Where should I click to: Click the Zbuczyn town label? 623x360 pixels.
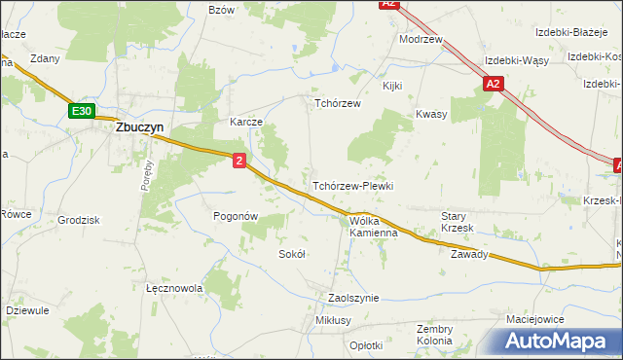[140, 126]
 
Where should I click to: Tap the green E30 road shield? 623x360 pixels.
[82, 112]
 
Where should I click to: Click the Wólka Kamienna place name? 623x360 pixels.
[374, 227]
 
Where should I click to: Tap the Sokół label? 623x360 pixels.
[292, 254]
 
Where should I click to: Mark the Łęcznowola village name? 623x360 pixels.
[173, 289]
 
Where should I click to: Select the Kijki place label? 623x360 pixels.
[392, 86]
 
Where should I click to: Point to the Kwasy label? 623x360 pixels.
[431, 114]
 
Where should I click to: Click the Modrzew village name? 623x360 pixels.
[421, 40]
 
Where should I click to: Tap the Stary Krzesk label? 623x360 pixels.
[457, 222]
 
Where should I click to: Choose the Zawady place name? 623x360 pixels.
[468, 255]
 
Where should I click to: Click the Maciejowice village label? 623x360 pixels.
[536, 318]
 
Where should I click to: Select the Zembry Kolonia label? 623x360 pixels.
[434, 335]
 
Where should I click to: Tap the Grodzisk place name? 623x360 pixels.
[79, 220]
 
